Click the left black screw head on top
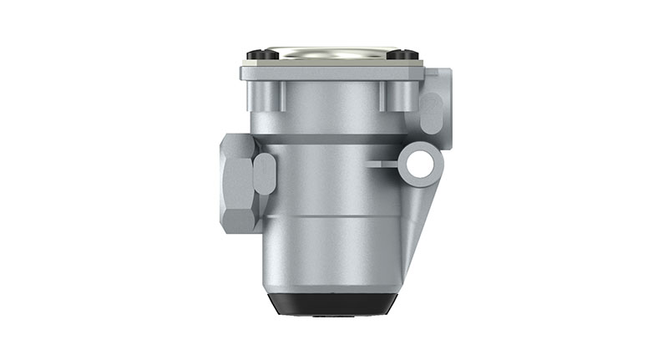click(x=260, y=55)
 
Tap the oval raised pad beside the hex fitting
click(x=264, y=173)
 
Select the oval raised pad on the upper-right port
click(x=430, y=114)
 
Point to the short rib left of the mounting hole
click(x=385, y=164)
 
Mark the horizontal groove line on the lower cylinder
click(x=334, y=215)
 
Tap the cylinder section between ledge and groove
click(x=334, y=180)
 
